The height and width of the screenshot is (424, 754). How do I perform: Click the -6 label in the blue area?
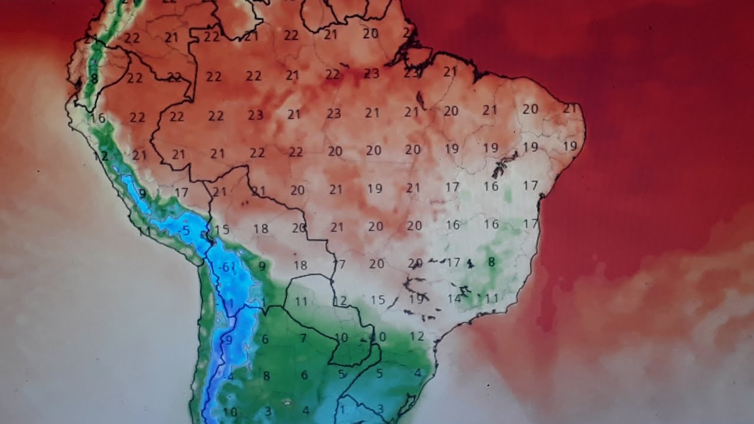(x=223, y=267)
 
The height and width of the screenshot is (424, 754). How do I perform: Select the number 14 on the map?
(x=454, y=299)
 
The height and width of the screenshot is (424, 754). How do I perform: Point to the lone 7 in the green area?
(x=303, y=338)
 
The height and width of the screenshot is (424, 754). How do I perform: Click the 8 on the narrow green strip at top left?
(x=94, y=78)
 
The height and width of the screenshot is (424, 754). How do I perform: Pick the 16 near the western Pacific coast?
(x=98, y=118)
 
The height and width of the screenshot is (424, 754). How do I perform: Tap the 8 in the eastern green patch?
(x=491, y=261)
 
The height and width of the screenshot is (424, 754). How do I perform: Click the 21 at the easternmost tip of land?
(x=569, y=108)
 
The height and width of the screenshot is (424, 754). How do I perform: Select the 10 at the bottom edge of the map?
(x=230, y=412)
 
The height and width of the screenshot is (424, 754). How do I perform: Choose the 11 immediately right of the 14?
(x=492, y=298)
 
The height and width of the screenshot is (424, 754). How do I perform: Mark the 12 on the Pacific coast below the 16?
(x=101, y=156)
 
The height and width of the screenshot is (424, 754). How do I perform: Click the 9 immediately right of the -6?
(x=262, y=266)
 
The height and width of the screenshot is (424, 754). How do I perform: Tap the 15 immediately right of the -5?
(x=221, y=230)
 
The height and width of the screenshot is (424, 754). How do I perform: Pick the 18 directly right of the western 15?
(x=261, y=228)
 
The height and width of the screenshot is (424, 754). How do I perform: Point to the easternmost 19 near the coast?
(x=570, y=146)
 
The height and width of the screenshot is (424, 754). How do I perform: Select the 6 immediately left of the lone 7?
(x=265, y=339)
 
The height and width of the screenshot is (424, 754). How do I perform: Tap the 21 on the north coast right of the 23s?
(x=450, y=72)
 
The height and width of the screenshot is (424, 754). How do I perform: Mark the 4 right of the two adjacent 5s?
(x=417, y=372)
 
